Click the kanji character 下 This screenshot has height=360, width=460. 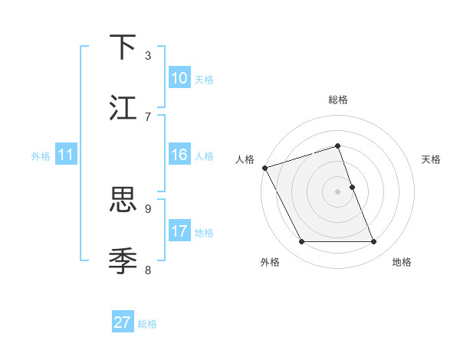tap(123, 47)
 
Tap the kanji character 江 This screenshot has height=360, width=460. tap(123, 108)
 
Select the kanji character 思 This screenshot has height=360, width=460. tap(123, 200)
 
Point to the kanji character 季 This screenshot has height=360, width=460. tap(123, 261)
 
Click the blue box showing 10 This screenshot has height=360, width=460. tap(179, 78)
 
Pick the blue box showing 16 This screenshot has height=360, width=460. tap(179, 155)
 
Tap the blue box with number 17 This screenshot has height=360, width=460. tap(179, 231)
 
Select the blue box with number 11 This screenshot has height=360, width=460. tap(66, 155)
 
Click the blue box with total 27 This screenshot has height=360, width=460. tap(123, 322)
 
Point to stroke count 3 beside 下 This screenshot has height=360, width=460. tap(148, 55)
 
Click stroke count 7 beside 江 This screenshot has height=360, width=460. tap(148, 116)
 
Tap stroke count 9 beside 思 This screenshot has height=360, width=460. tap(148, 208)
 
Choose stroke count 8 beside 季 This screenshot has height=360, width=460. tap(148, 269)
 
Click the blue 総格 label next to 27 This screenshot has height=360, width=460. tap(147, 324)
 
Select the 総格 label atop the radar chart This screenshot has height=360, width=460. tap(338, 100)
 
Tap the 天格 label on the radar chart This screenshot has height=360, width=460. tap(432, 159)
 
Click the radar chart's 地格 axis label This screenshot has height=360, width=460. tap(402, 262)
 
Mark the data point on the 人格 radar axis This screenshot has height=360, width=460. tap(264, 168)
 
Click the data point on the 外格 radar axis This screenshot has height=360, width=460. tap(301, 242)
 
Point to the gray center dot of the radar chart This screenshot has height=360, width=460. tap(338, 191)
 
